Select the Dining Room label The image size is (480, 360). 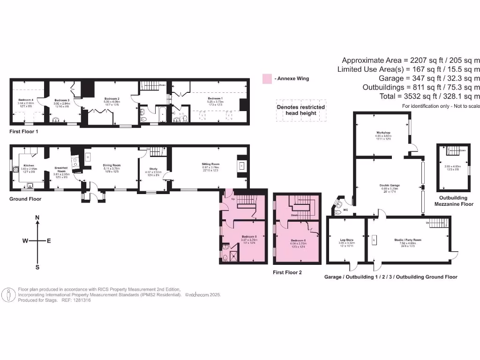pos(112,165)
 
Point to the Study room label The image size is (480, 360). pos(153,169)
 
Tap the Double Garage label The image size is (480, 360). pos(389,185)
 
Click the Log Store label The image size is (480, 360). pos(347,240)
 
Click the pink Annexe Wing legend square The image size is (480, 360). pos(267,78)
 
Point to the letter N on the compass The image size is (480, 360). pos(37,218)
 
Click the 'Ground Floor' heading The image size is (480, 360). pos(25,199)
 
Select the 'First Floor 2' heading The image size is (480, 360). pos(287,272)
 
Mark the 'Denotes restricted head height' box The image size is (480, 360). pos(300,111)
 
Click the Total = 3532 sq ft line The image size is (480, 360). pos(422,96)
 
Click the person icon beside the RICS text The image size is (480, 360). pos(8,295)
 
